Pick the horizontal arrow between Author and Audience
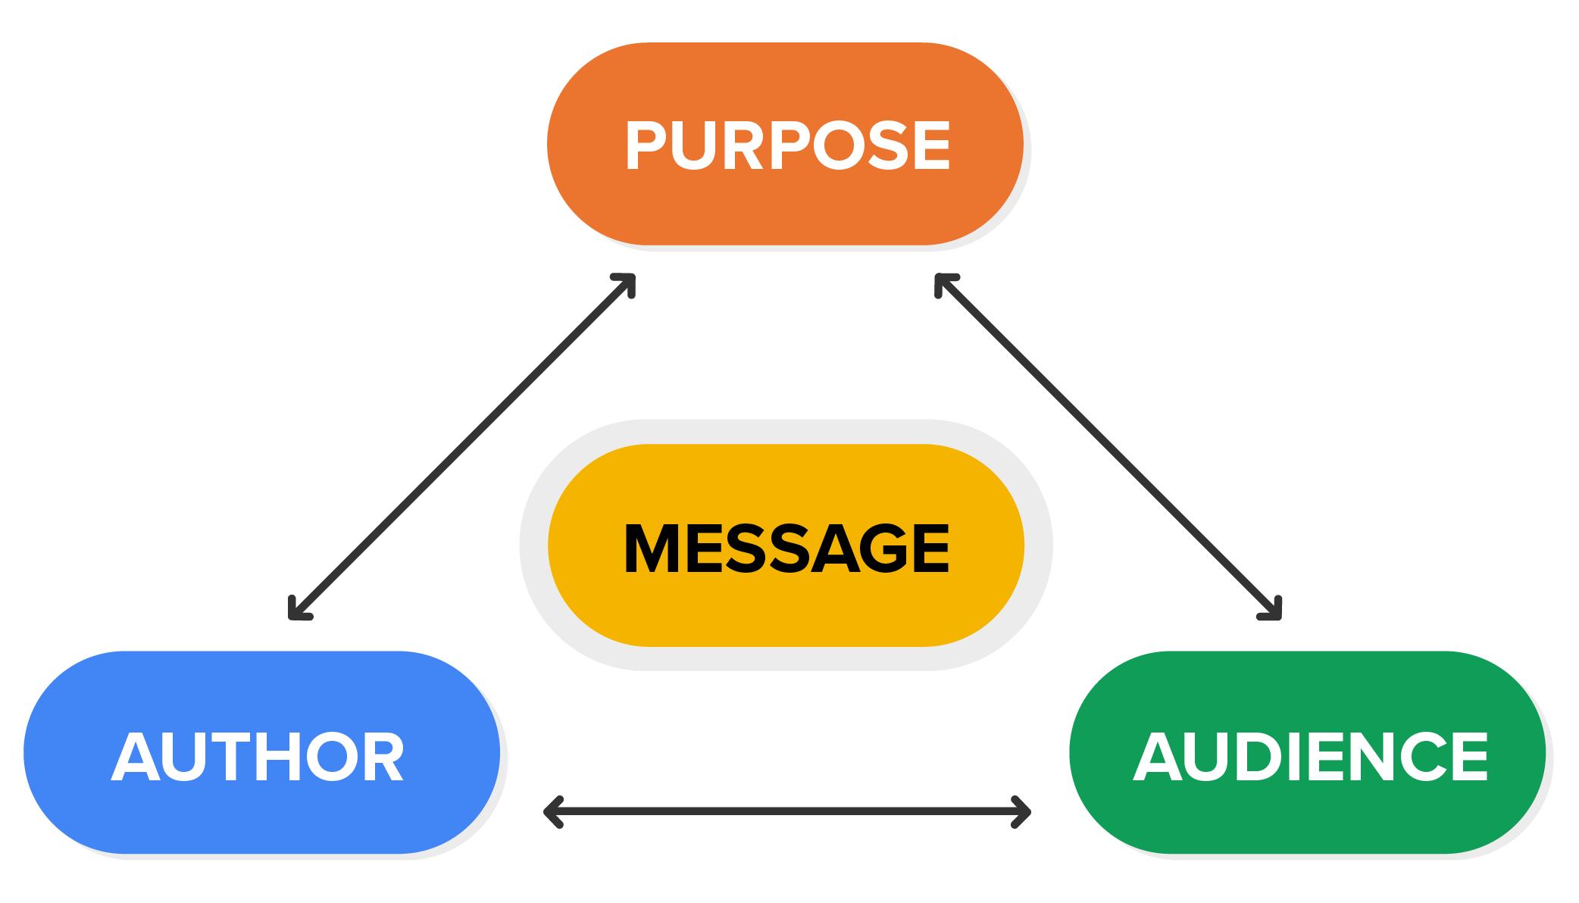coord(786,811)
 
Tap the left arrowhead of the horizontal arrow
coord(552,811)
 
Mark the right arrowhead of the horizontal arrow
coord(1023,811)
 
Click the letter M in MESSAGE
coord(651,548)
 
